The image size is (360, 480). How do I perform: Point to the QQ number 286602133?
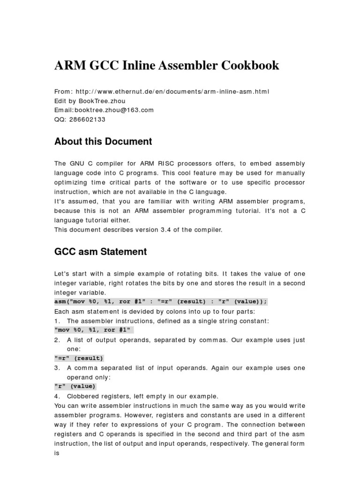(87, 119)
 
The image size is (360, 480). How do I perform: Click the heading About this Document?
(103, 142)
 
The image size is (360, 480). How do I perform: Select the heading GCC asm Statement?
(100, 252)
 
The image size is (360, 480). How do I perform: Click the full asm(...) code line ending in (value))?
(161, 302)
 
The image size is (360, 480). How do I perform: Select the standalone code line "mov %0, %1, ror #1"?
(94, 330)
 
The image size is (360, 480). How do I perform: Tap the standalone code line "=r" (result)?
(79, 358)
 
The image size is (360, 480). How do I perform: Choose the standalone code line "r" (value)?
(75, 386)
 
